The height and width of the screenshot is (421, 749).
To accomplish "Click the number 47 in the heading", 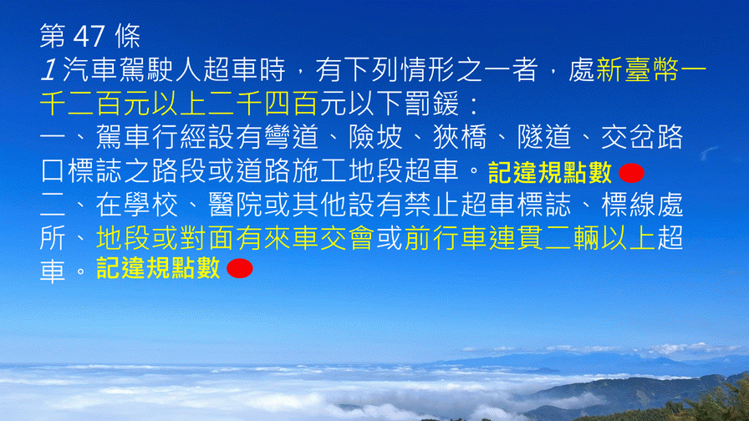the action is pos(89,36).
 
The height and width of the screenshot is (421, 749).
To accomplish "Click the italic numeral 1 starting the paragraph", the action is pos(48,70).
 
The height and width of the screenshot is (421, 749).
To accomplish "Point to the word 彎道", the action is pos(291,137).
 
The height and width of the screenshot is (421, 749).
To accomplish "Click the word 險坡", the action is pos(375,137).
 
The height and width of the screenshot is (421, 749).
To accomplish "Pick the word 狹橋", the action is pos(460,137).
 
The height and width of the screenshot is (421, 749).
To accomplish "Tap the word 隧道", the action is pos(544,137).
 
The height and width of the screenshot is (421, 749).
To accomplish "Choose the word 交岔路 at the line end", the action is pos(642,137).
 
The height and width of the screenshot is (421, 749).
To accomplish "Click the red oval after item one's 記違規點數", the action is pos(631,173).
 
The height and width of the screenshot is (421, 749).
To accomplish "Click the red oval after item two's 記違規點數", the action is pos(240,268).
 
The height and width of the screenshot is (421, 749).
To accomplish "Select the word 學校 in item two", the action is pos(150,205).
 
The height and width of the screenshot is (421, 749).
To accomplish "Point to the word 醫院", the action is pos(235,205).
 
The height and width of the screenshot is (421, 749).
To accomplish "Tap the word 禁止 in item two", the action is pos(432,205).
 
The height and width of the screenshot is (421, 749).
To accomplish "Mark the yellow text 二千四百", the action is pos(262,104).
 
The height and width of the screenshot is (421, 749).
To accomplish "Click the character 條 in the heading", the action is pos(128,36).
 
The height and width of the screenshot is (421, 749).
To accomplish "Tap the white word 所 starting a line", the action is pos(53,238).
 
